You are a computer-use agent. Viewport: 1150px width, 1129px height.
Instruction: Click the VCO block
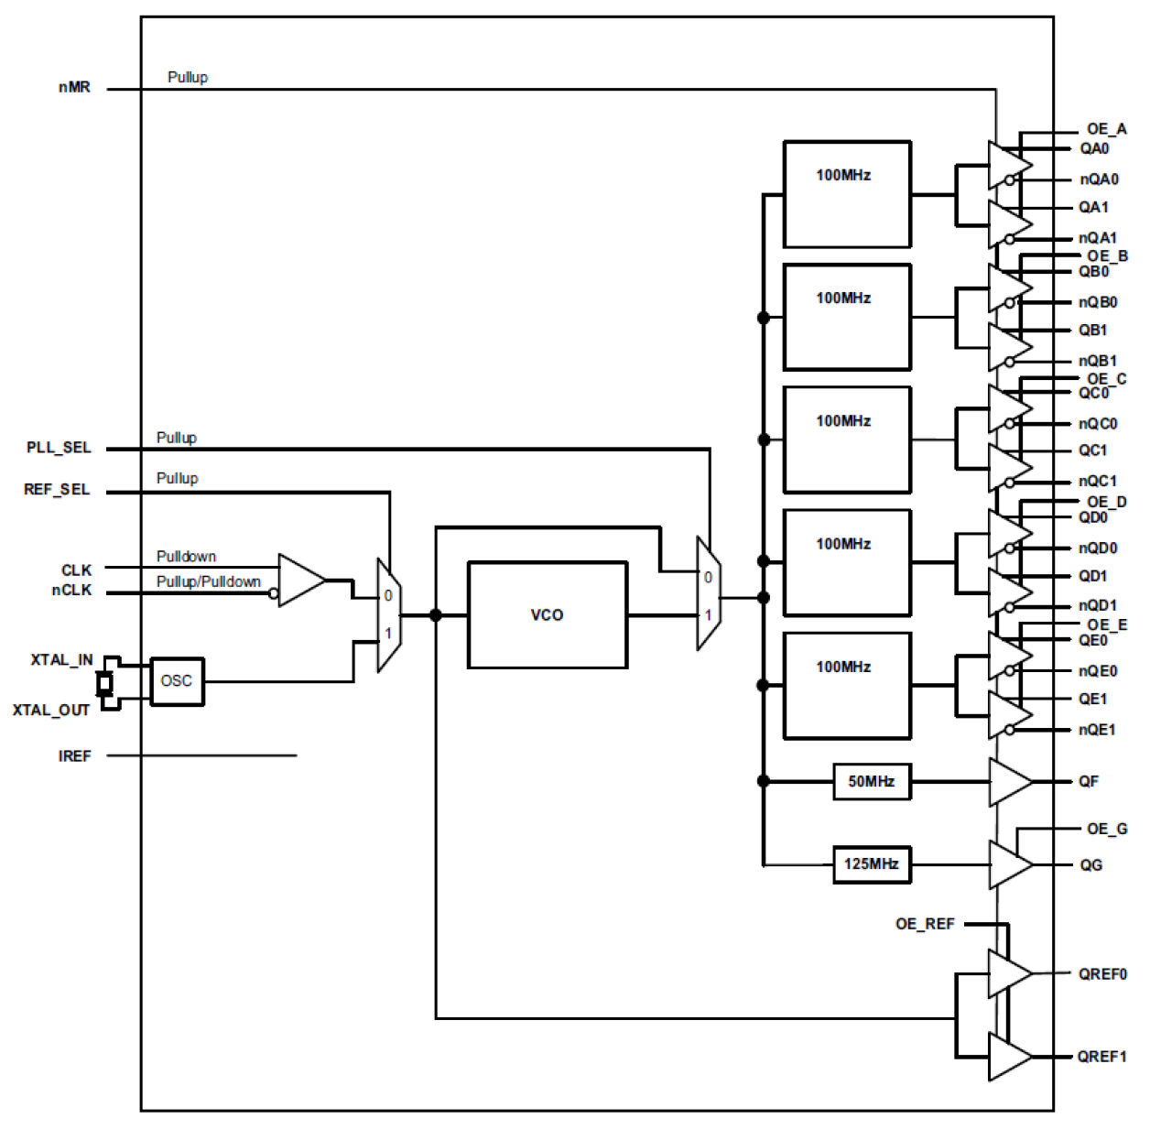tap(547, 614)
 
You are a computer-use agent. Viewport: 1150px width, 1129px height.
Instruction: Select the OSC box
tap(177, 680)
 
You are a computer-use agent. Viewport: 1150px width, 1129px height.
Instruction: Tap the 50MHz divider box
tap(871, 781)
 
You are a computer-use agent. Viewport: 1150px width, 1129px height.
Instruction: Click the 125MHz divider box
tap(871, 863)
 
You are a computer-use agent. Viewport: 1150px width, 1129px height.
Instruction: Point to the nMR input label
tap(74, 87)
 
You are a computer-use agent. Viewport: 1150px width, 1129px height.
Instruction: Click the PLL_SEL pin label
tap(59, 447)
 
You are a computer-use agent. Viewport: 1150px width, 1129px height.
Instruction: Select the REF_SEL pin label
tap(57, 489)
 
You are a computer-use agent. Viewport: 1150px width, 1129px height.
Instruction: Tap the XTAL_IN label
tap(61, 659)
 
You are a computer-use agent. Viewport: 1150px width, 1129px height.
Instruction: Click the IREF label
tap(74, 755)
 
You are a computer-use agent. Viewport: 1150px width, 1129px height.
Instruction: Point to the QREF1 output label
tap(1101, 1056)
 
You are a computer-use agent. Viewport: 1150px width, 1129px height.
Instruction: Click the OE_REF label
tap(925, 924)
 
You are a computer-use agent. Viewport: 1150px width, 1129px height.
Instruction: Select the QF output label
tap(1088, 781)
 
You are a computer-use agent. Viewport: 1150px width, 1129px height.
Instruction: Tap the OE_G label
tap(1107, 829)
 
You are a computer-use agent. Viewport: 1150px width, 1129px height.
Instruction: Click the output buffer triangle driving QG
tap(1009, 864)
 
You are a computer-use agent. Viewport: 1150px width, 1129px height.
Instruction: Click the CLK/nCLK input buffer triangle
tap(300, 580)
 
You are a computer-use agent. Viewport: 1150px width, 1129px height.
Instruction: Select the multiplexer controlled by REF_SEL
tap(389, 614)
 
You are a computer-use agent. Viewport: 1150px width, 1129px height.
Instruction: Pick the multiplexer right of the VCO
tap(708, 594)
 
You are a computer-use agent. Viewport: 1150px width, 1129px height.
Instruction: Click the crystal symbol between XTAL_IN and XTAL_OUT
tap(105, 683)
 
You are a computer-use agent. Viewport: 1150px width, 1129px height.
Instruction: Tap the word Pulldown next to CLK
tap(186, 556)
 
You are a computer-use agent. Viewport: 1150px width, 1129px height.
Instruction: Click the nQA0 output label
tap(1098, 179)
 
